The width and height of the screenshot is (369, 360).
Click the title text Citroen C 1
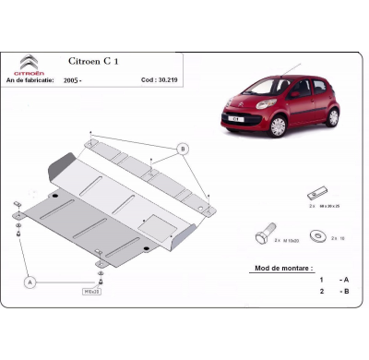pyautogui.click(x=113, y=62)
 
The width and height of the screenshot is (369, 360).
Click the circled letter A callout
pyautogui.click(x=31, y=282)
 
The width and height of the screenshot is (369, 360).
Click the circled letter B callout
pyautogui.click(x=184, y=149)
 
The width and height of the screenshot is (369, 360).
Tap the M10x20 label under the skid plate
pyautogui.click(x=93, y=290)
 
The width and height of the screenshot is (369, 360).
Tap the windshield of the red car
pyautogui.click(x=268, y=86)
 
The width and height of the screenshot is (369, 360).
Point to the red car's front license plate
pyautogui.click(x=236, y=120)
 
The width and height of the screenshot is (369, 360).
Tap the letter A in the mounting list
pyautogui.click(x=345, y=279)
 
